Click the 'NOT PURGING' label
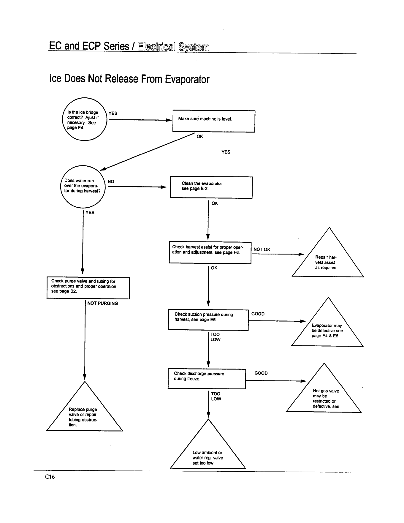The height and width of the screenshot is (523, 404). point(103,303)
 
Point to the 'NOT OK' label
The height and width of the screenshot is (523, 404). point(262,249)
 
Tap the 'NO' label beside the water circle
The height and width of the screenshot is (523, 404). point(111,181)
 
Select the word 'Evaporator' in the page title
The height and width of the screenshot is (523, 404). point(187,79)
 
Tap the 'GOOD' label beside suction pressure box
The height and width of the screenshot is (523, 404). point(258,314)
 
